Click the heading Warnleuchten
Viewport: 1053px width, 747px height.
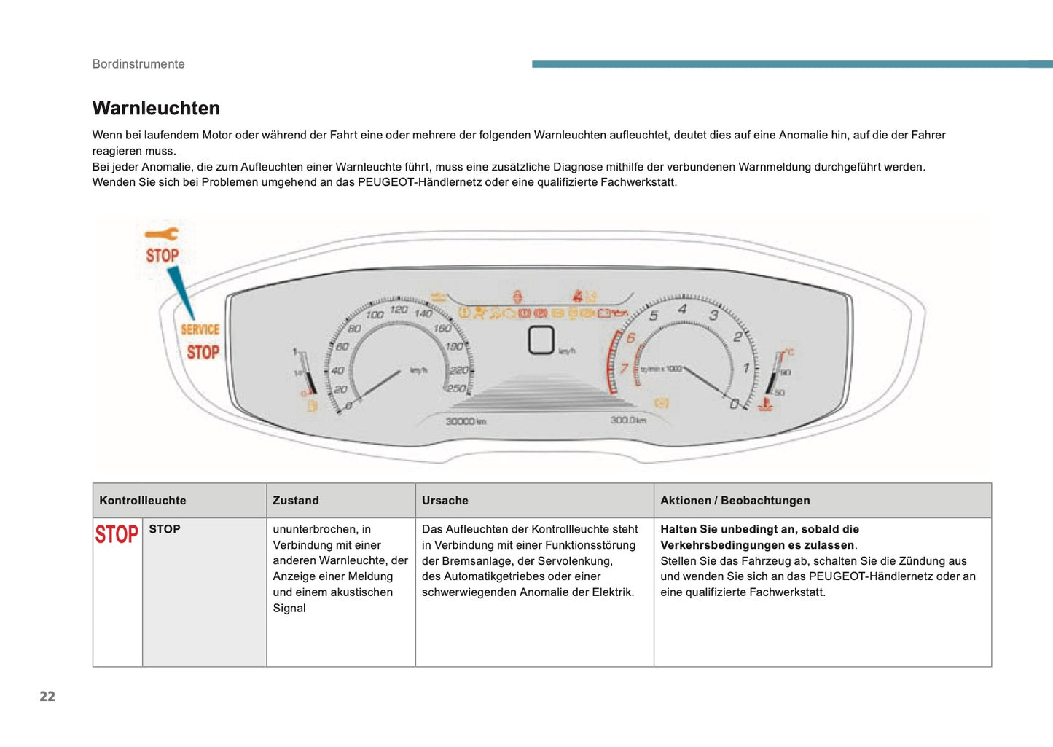156,108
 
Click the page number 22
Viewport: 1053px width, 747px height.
47,696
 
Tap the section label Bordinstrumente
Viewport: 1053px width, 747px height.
138,64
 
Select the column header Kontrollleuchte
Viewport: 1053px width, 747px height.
143,501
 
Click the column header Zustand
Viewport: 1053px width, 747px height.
296,501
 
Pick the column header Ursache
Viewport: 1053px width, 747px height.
445,501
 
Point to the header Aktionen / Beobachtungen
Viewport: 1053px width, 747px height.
735,501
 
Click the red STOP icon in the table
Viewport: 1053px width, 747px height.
117,534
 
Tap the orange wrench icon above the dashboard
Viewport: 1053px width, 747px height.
161,234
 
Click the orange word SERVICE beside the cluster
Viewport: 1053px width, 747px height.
200,329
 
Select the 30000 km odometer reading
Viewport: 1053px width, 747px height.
466,421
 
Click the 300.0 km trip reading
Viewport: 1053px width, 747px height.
628,421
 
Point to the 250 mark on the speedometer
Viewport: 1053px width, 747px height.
456,388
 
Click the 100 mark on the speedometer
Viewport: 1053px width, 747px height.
375,315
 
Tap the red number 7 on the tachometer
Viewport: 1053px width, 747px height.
624,368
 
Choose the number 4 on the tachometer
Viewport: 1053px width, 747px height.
682,309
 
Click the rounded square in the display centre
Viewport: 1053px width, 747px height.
541,340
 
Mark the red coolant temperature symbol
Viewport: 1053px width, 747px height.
765,403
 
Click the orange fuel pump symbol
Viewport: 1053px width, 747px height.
313,405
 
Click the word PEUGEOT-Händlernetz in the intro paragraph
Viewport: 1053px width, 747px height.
420,182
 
